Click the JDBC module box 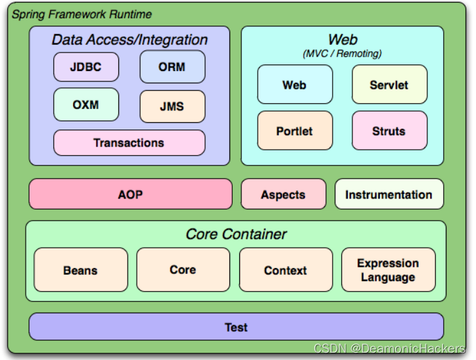pyautogui.click(x=85, y=67)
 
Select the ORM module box pyautogui.click(x=172, y=67)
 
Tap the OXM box pyautogui.click(x=85, y=104)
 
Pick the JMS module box pyautogui.click(x=172, y=106)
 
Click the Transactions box pyautogui.click(x=129, y=143)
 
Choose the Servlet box pyautogui.click(x=389, y=85)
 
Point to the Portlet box pyautogui.click(x=295, y=131)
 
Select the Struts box pyautogui.click(x=389, y=131)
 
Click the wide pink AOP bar pyautogui.click(x=130, y=194)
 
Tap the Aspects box pyautogui.click(x=283, y=194)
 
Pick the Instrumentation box pyautogui.click(x=389, y=194)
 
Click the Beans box pyautogui.click(x=81, y=270)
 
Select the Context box pyautogui.click(x=285, y=270)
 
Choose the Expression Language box pyautogui.click(x=388, y=270)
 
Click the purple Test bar pyautogui.click(x=236, y=326)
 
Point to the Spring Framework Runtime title pyautogui.click(x=82, y=14)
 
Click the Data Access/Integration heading pyautogui.click(x=130, y=40)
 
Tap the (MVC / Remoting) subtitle pyautogui.click(x=342, y=53)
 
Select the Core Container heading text pyautogui.click(x=236, y=234)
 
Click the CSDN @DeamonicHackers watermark pyautogui.click(x=389, y=349)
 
